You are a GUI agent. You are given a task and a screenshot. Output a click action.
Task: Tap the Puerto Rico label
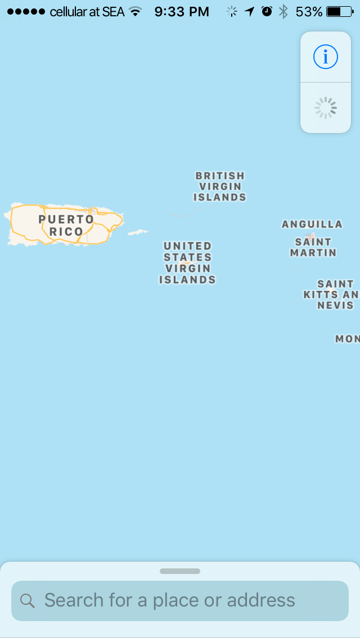[66, 225]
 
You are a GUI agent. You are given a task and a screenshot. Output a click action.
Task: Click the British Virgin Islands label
[220, 186]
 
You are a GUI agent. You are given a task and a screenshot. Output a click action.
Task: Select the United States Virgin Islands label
[187, 263]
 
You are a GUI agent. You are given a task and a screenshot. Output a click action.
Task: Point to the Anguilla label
[312, 224]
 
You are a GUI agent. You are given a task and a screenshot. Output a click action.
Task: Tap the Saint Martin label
[313, 247]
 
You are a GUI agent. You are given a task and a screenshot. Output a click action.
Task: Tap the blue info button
[326, 57]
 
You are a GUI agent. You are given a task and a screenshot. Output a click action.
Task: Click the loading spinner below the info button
[326, 108]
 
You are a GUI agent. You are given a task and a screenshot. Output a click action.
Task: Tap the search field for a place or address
[180, 600]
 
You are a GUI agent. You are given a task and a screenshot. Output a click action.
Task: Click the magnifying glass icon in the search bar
[28, 600]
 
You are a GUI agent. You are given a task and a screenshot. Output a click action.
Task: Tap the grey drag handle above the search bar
[180, 571]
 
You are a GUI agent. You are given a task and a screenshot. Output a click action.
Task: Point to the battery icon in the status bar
[341, 11]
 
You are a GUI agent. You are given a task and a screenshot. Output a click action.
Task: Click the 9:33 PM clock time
[181, 11]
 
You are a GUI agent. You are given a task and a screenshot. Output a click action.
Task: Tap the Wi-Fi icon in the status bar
[135, 11]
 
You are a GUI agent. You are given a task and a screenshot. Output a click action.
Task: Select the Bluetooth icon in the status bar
[284, 11]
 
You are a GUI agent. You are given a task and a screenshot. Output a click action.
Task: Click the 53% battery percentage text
[309, 11]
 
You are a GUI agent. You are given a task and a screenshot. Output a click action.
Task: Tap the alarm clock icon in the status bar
[267, 11]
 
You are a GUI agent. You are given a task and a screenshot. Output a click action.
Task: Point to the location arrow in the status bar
[250, 11]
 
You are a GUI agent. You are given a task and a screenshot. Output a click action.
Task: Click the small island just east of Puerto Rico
[137, 232]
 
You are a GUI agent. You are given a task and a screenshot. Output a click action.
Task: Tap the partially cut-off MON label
[348, 339]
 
